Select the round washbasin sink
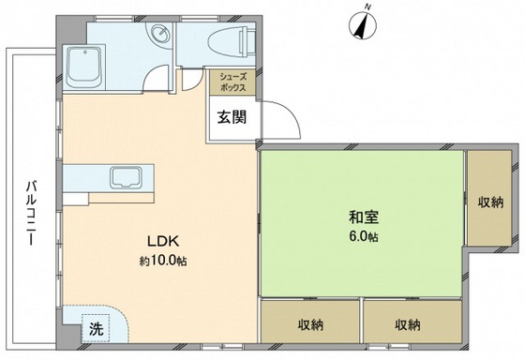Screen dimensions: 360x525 coord(159,36)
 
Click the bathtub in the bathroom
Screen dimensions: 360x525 coord(91,65)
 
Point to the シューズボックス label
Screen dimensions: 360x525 coord(232,82)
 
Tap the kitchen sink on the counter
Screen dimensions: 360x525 coord(125,176)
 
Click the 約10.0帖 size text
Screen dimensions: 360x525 coord(162,261)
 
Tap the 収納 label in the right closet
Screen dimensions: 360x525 coord(489,201)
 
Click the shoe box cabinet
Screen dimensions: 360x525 coord(232,82)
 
